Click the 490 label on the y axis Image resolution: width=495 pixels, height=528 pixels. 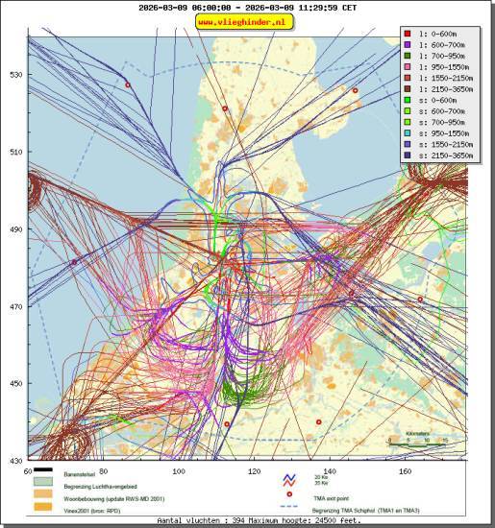click(16, 229)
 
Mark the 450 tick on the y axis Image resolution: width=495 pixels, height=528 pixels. click(16, 384)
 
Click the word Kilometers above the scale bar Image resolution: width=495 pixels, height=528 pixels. click(417, 433)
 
